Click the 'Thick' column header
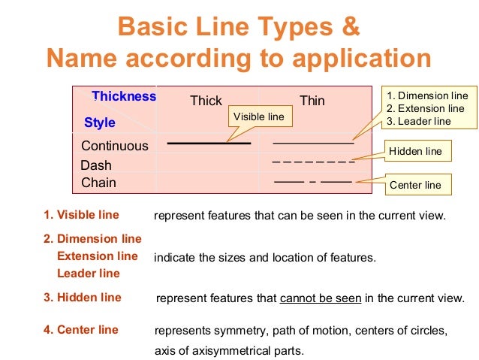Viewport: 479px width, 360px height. [206, 101]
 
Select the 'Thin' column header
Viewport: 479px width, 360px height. [312, 101]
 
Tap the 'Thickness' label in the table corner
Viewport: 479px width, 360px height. [124, 96]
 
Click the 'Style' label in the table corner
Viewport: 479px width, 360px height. [100, 122]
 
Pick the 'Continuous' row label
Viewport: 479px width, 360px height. [115, 146]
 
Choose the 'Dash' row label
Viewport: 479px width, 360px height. [96, 165]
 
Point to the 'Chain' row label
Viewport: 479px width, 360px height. [98, 183]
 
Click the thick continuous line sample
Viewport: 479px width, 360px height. [209, 143]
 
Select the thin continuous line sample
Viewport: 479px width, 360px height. [313, 143]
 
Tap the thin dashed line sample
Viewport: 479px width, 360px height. [313, 162]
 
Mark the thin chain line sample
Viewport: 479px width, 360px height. [313, 182]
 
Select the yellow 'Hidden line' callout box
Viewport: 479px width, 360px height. [415, 151]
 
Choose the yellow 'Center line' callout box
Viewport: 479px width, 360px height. [415, 184]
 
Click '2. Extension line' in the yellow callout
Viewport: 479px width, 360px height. [425, 108]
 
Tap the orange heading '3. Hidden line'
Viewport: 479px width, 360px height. [82, 298]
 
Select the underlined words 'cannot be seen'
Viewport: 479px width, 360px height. [321, 298]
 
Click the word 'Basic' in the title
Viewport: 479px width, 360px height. [151, 27]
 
